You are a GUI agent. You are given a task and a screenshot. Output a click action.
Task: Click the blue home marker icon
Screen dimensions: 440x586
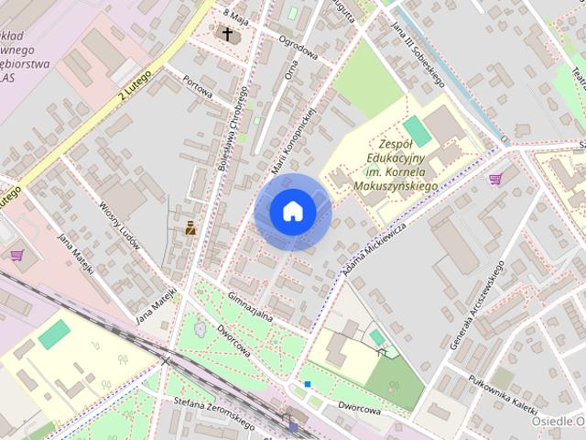click(292, 211)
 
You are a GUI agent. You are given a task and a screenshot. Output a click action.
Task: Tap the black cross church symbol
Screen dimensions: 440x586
click(226, 35)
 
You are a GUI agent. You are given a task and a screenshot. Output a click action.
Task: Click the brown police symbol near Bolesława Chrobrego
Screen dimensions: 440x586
click(190, 227)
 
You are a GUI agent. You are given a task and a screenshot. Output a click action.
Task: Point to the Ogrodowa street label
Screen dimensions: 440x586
click(299, 53)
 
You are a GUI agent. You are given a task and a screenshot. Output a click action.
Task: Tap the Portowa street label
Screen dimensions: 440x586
click(197, 87)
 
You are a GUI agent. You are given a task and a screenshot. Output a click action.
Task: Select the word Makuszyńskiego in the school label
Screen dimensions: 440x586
click(393, 185)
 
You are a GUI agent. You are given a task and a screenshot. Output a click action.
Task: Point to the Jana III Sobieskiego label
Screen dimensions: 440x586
click(418, 54)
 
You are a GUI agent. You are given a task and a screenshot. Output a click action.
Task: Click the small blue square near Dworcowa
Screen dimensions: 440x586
click(308, 384)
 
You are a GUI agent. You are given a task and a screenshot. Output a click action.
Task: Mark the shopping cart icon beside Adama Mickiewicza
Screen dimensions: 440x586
click(495, 178)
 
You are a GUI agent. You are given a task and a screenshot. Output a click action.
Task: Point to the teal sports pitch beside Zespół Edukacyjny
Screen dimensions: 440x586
click(418, 130)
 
